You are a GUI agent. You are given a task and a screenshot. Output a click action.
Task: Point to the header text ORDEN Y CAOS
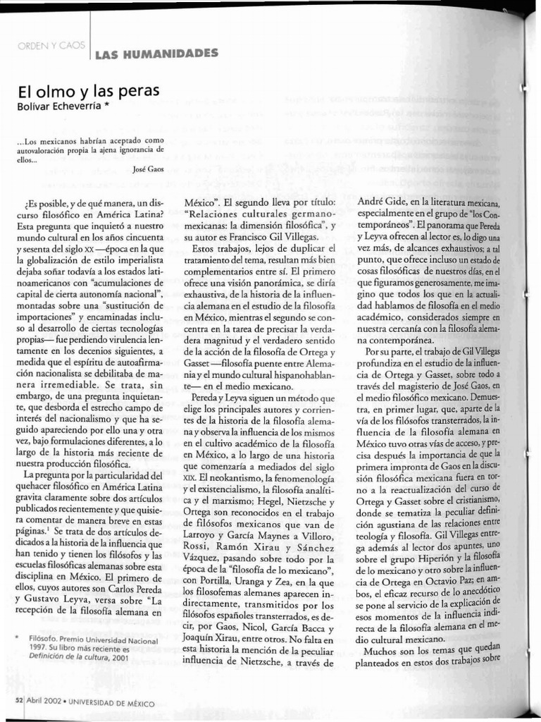point(51,46)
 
